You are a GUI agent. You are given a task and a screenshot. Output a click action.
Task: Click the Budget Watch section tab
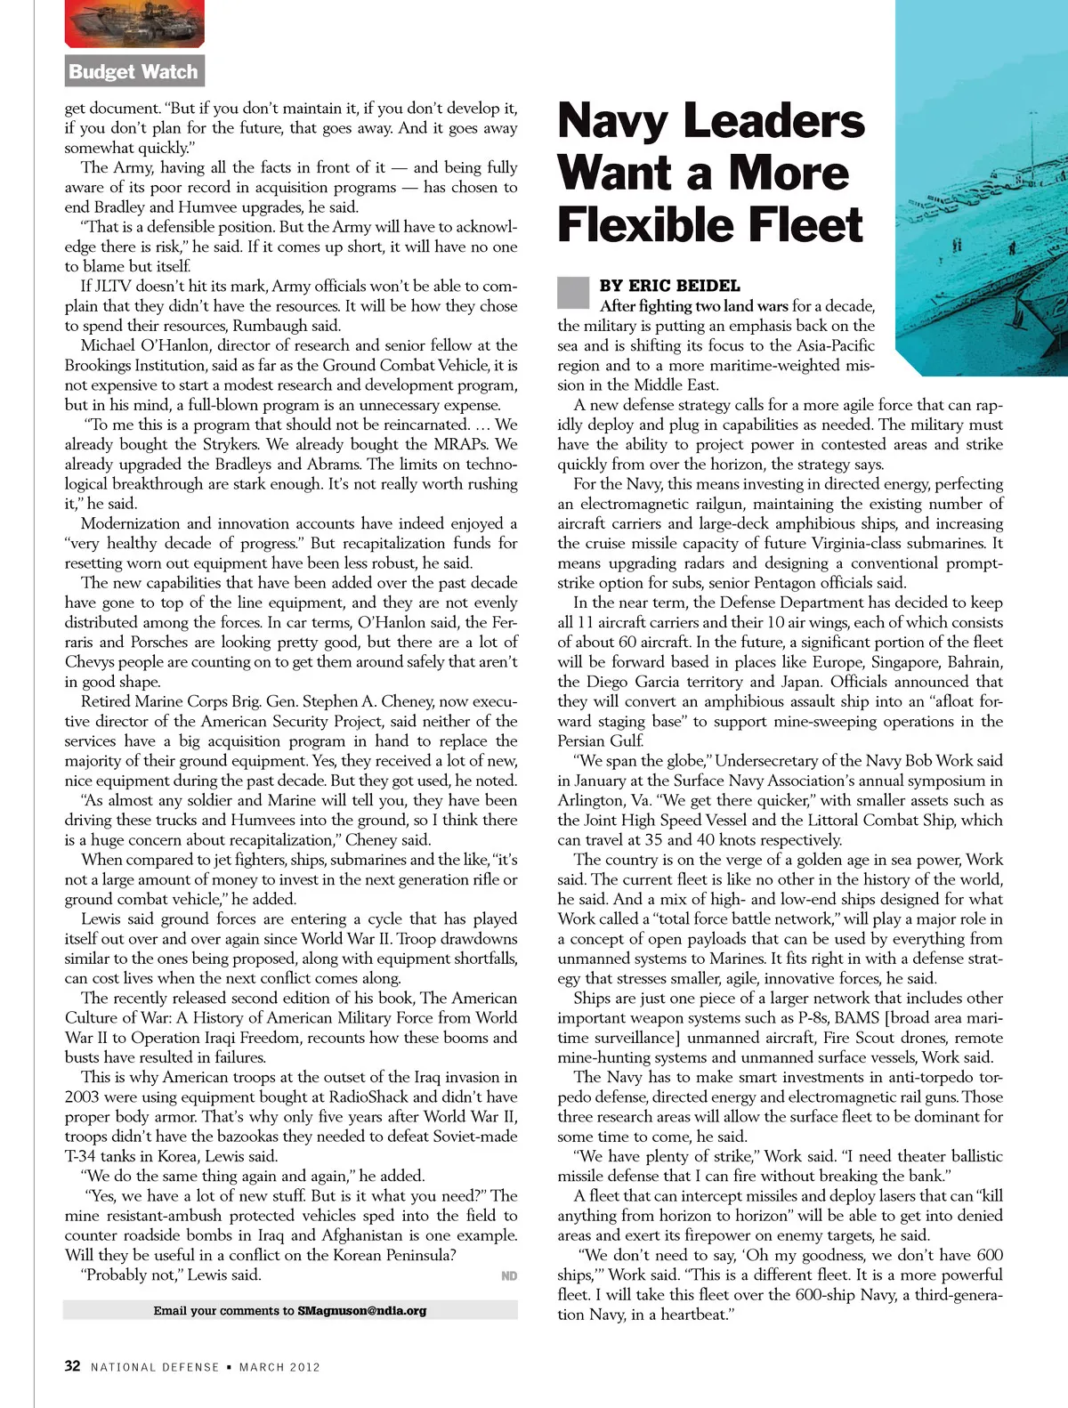[x=133, y=71]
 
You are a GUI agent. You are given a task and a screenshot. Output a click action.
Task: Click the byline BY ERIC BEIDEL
[x=669, y=286]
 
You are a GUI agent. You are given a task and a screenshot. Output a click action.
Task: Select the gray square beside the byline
[x=573, y=292]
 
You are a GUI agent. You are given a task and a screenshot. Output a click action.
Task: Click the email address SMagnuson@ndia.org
[x=361, y=1310]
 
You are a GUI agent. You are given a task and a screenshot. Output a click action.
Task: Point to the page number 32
[x=72, y=1366]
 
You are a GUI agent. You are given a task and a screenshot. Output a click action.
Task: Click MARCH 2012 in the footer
[x=279, y=1367]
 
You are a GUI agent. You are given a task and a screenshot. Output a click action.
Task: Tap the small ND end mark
[x=509, y=1275]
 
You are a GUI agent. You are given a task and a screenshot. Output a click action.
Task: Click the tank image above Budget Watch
[x=134, y=22]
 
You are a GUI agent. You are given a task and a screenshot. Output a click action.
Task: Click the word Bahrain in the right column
[x=972, y=662]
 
